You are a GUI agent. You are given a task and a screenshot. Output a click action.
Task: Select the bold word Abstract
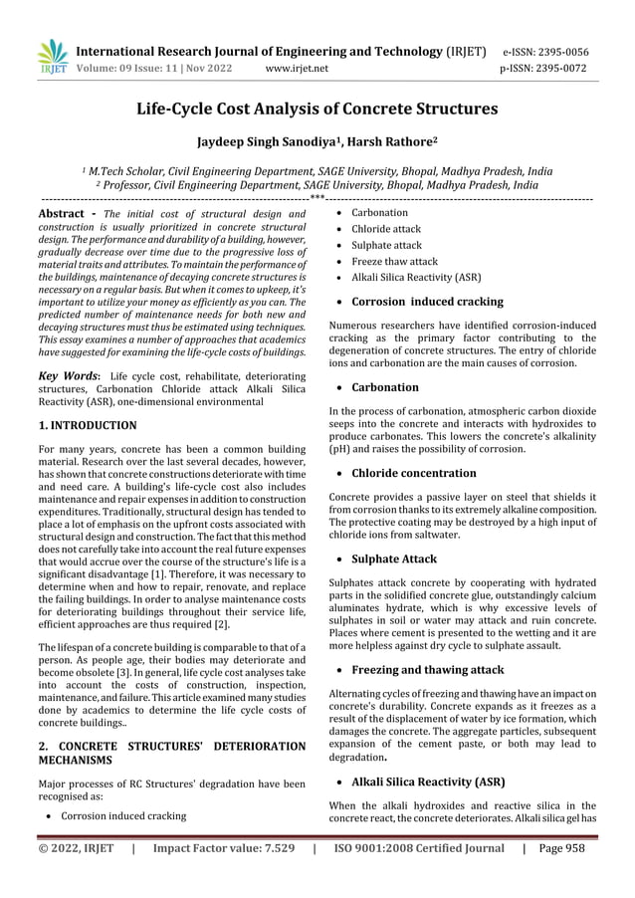point(66,213)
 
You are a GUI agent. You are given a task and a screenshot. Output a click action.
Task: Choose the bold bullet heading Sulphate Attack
point(394,560)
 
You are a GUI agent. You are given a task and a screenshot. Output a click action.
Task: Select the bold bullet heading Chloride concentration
point(414,473)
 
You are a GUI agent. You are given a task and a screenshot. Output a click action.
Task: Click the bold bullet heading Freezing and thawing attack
point(428,671)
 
